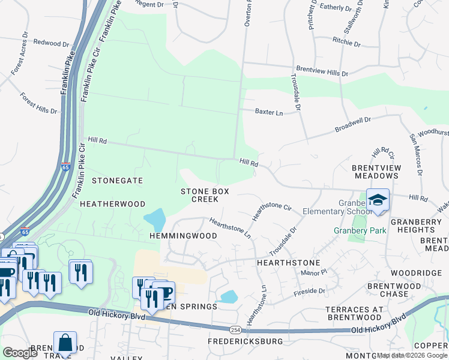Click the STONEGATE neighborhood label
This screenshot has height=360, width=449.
[x=117, y=180]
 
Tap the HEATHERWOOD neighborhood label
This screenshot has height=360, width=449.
[x=113, y=204]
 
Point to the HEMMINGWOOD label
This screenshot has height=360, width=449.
[x=183, y=236]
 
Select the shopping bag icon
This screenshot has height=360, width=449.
[x=65, y=343]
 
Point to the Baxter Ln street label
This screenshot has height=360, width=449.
[x=268, y=112]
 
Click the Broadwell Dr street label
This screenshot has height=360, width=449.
[x=353, y=124]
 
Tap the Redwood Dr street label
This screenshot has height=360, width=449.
[x=52, y=43]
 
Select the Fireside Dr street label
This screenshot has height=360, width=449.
[x=309, y=291]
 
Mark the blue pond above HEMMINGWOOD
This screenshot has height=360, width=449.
[x=155, y=220]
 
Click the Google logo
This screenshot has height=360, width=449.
[x=20, y=353]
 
